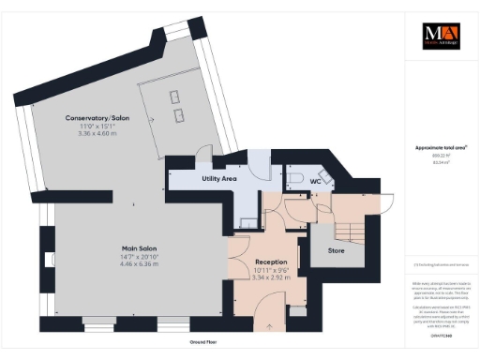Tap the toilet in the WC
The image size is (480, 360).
click(293, 176)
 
